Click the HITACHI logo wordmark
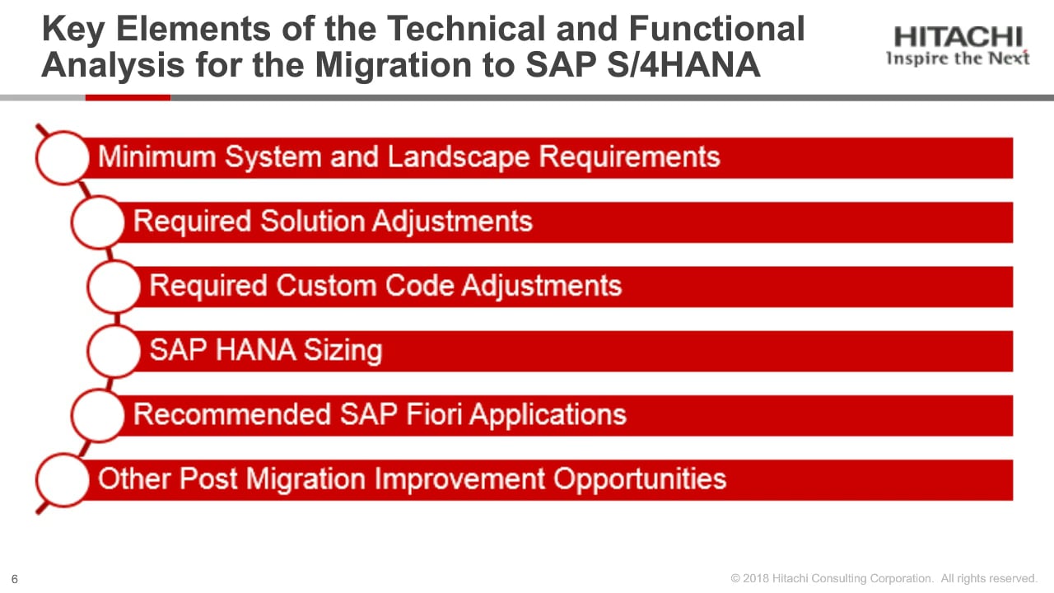958,37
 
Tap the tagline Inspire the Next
958,58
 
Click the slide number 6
15,579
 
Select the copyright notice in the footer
884,578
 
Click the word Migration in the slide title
393,64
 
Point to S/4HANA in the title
683,64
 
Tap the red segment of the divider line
128,97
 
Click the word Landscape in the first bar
459,156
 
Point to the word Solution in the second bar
312,221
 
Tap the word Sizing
343,351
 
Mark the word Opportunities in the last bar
640,479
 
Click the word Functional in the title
716,29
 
